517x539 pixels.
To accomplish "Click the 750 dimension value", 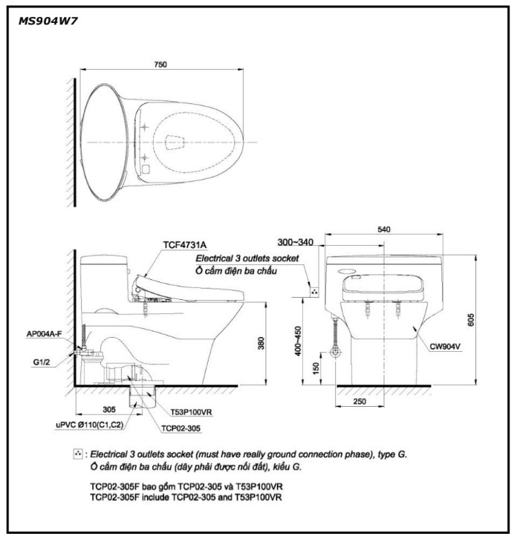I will pos(160,65).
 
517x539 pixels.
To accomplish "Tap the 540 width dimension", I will pos(383,231).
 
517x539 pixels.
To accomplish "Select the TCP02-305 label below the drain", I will pos(183,428).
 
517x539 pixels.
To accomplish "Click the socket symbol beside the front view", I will pos(314,292).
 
